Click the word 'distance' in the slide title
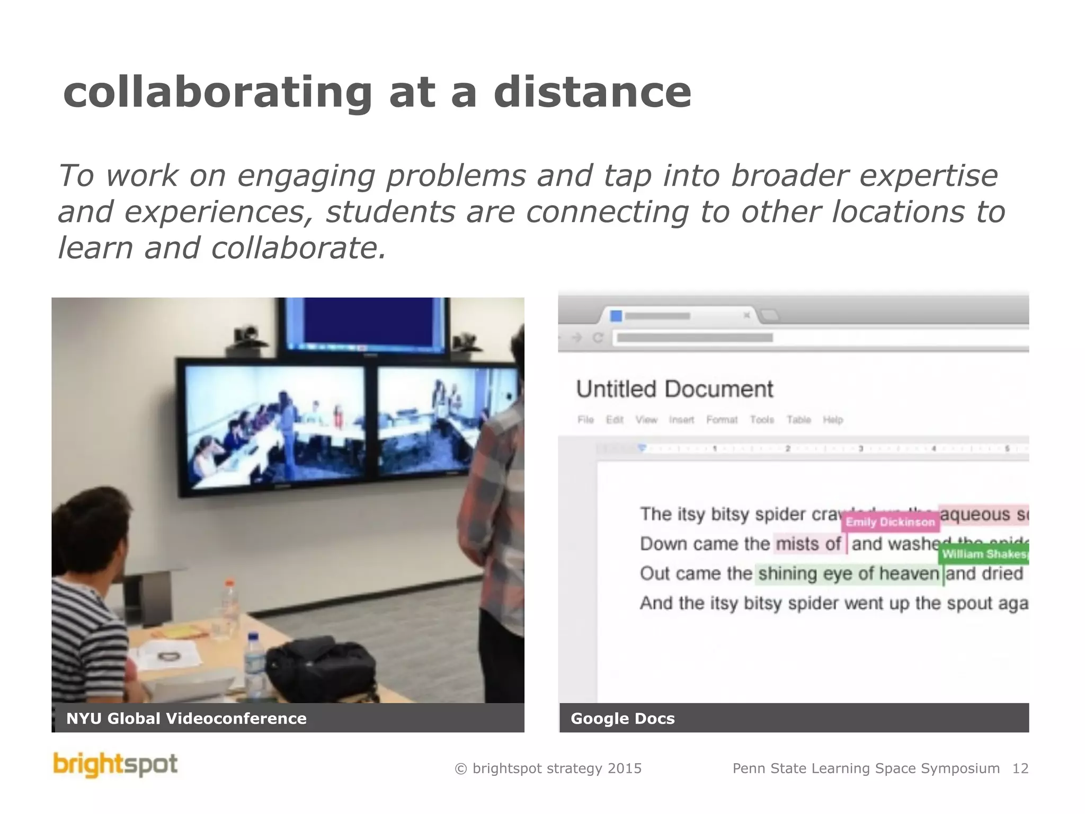click(x=592, y=92)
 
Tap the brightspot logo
click(x=115, y=765)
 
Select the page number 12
click(x=1020, y=768)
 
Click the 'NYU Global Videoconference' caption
click(x=186, y=719)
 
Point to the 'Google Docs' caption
click(x=622, y=719)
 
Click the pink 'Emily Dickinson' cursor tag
click(x=890, y=522)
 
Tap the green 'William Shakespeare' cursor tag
click(x=984, y=554)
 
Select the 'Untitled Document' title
click(x=674, y=390)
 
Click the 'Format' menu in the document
click(x=722, y=420)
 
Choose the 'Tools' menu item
click(x=762, y=420)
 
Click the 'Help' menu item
click(x=833, y=420)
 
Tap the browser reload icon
click(x=598, y=338)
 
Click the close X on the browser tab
click(x=746, y=316)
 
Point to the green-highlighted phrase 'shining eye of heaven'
click(x=848, y=574)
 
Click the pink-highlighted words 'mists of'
click(x=808, y=544)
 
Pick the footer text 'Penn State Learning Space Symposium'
click(x=866, y=768)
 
